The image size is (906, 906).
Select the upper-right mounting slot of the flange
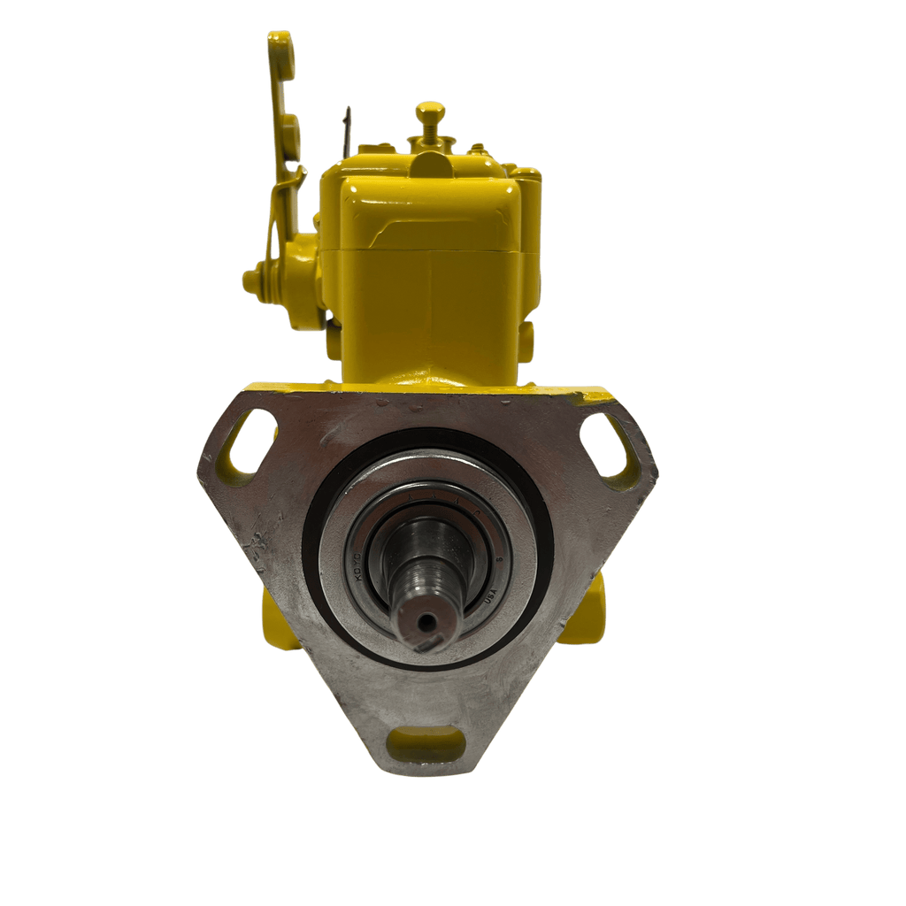click(608, 444)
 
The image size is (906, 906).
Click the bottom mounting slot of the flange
click(426, 743)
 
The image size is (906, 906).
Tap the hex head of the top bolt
click(430, 111)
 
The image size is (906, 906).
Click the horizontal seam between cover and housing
click(416, 251)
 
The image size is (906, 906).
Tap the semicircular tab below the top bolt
click(428, 164)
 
